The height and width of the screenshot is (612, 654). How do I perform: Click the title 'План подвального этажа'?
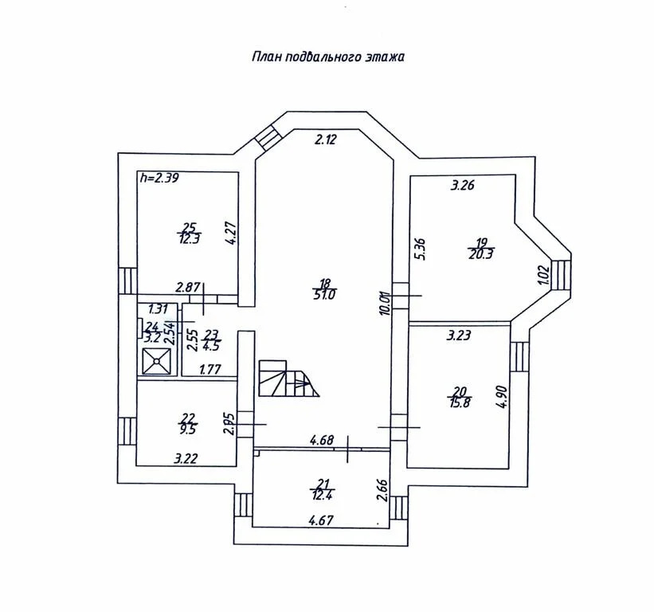(x=329, y=57)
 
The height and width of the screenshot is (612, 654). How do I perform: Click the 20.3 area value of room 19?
(x=481, y=254)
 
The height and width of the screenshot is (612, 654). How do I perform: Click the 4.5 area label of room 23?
(x=211, y=345)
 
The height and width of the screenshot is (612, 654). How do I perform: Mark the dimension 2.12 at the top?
(x=326, y=140)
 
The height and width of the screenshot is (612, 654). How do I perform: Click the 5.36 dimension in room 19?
(x=423, y=249)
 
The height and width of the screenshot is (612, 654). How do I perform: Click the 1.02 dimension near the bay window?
(x=544, y=273)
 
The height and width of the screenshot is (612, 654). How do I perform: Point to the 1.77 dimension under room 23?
(x=210, y=368)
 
